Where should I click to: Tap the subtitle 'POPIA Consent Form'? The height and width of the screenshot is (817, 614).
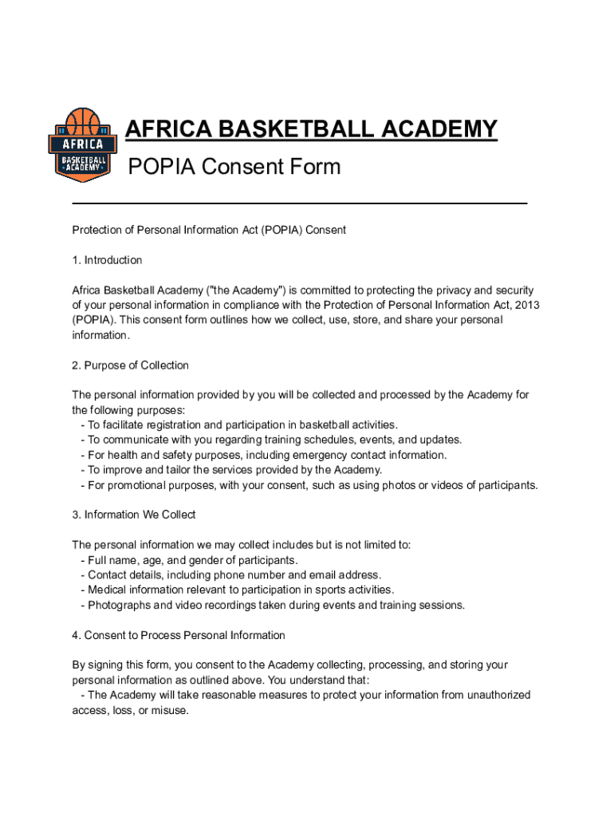tap(234, 167)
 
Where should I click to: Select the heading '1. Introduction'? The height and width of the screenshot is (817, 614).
tap(107, 260)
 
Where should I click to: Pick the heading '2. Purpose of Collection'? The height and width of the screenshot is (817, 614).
tap(130, 365)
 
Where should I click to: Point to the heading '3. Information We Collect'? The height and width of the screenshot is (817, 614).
tap(133, 515)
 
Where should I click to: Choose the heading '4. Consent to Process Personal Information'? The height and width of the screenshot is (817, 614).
tap(179, 635)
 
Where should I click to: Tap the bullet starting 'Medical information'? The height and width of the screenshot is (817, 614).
tap(238, 590)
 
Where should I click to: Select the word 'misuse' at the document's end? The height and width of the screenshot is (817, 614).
tap(169, 710)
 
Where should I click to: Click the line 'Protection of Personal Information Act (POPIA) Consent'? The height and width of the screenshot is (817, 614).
tap(209, 230)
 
